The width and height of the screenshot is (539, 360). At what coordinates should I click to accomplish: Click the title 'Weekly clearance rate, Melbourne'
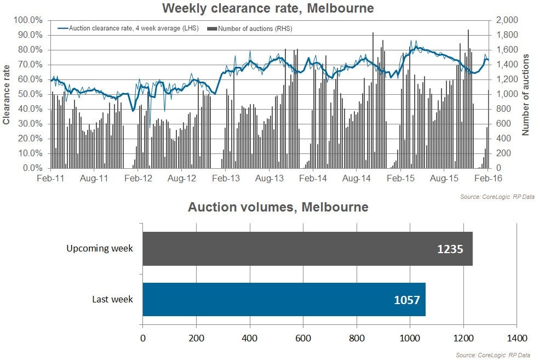coord(268,8)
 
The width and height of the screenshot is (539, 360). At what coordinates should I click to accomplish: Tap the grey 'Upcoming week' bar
coord(307,249)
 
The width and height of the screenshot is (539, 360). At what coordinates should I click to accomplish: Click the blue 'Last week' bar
coord(284,299)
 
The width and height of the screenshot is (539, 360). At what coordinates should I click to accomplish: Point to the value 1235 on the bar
coord(450,249)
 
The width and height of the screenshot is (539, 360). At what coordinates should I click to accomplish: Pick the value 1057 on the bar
coord(407,300)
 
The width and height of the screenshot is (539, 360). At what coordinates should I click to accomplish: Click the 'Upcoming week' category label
coord(100,249)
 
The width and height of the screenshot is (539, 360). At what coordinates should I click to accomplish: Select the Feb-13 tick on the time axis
coord(226,179)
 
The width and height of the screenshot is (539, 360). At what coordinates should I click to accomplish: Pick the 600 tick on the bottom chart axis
coord(303,337)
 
